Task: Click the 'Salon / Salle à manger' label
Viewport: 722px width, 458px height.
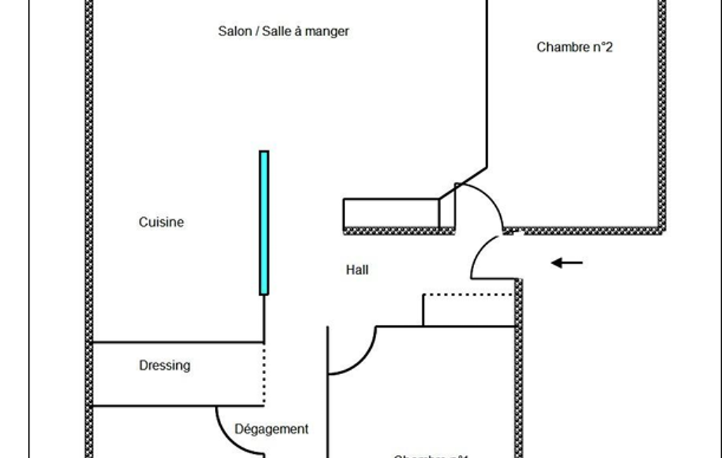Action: tap(283, 31)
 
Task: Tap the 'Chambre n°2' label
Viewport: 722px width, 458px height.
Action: tap(574, 47)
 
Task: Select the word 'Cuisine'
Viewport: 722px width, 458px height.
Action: tap(161, 222)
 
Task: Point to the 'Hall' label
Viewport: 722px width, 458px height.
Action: tap(357, 269)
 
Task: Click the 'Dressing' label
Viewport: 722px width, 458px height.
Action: tap(164, 365)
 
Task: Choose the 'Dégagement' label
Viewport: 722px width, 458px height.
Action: tap(271, 428)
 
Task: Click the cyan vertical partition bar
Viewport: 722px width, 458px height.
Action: tap(264, 222)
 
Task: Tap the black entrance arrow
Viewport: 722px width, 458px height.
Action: tap(567, 264)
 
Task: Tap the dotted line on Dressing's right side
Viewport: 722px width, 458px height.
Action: tap(264, 374)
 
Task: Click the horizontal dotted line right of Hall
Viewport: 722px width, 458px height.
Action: tap(468, 294)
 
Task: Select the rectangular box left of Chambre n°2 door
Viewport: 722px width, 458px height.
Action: tap(391, 213)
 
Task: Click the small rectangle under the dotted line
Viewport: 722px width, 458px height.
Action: tap(468, 311)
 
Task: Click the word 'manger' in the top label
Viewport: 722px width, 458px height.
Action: tap(327, 31)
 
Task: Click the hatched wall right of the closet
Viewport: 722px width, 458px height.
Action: tap(518, 366)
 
